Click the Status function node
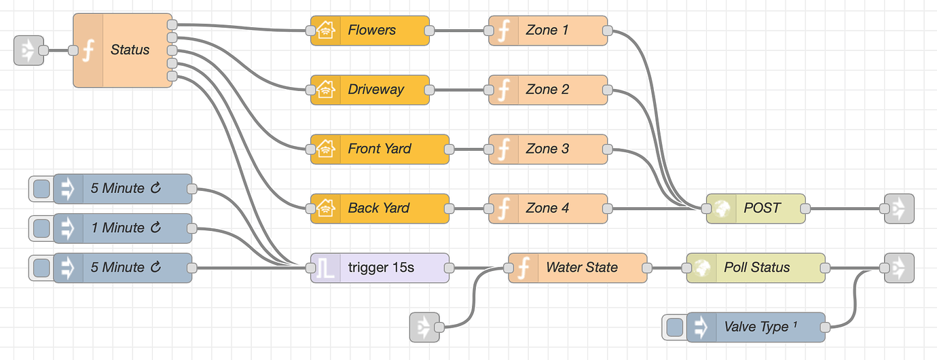(129, 50)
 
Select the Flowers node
(371, 31)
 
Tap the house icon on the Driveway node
(326, 90)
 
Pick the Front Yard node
(380, 149)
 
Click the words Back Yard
(379, 208)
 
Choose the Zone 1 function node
(547, 31)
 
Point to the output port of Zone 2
(608, 90)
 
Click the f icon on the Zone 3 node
(504, 149)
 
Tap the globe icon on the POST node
(722, 208)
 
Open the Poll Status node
(756, 268)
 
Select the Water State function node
(581, 268)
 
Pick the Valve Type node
(756, 327)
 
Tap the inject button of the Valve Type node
(675, 327)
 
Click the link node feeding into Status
(29, 50)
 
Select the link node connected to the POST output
(899, 208)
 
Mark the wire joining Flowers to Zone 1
(458, 31)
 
